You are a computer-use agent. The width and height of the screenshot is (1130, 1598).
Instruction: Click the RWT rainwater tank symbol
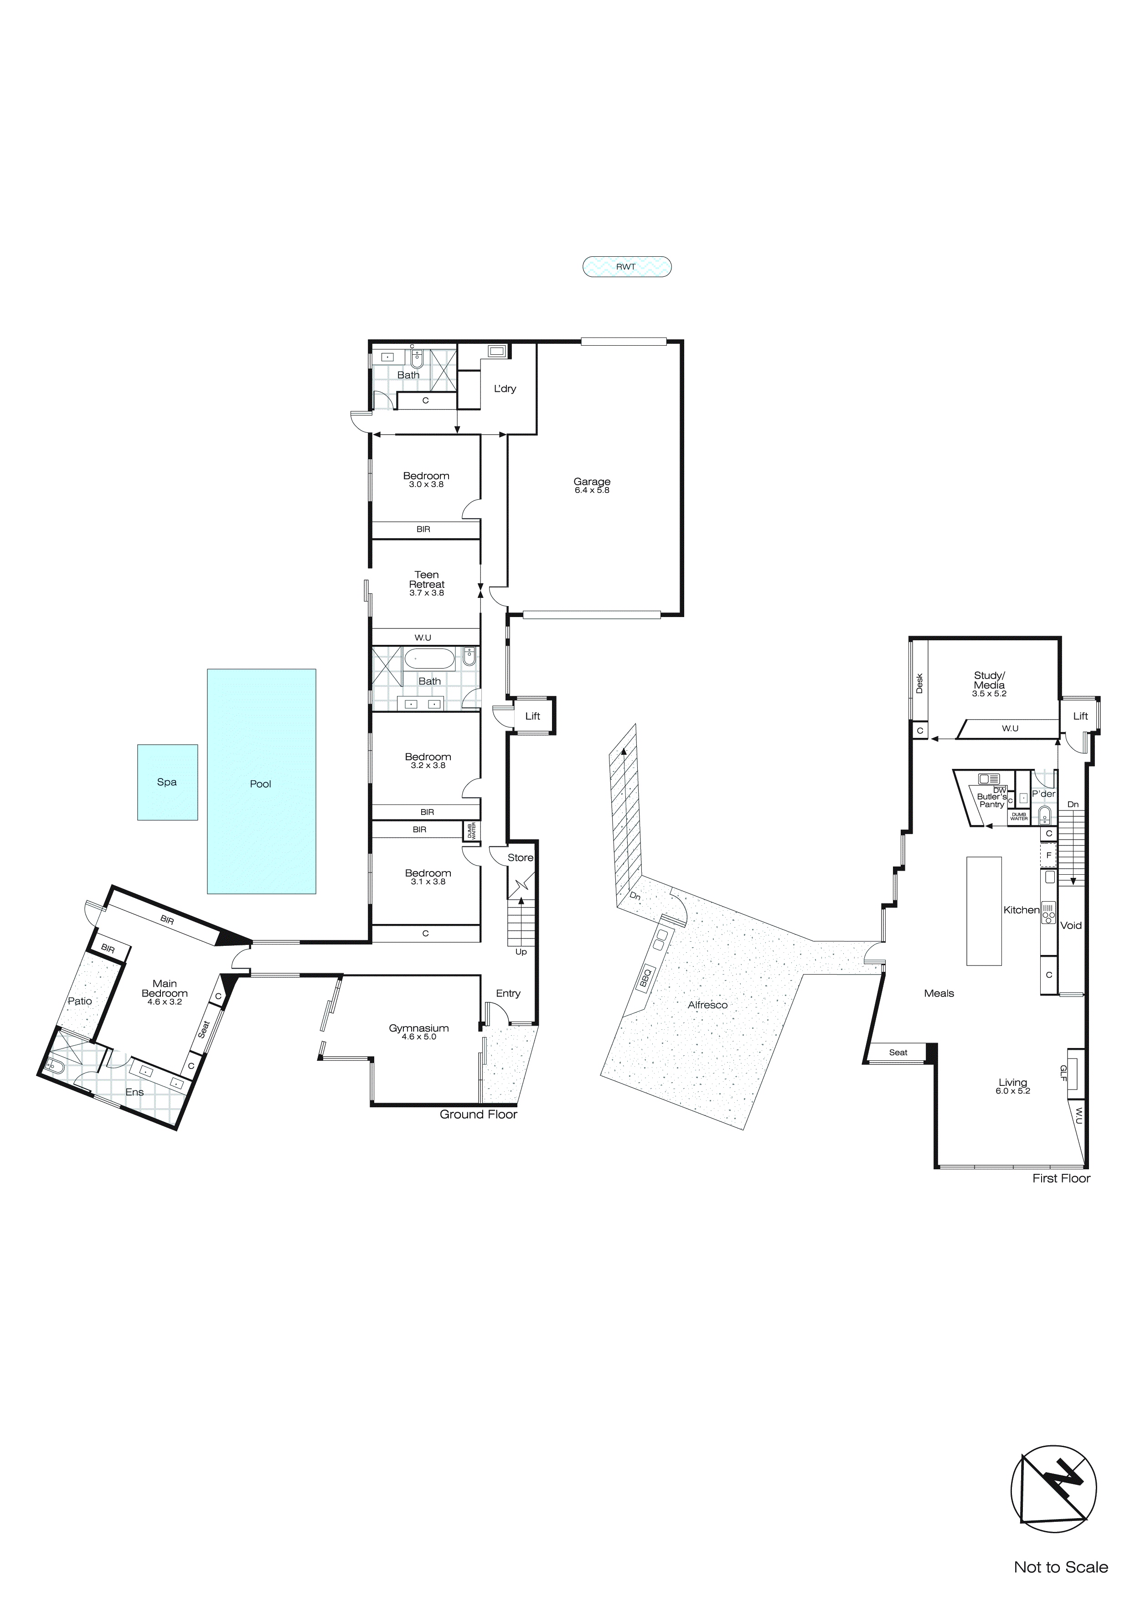pyautogui.click(x=626, y=267)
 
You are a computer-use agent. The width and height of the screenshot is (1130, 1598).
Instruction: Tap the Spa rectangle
pyautogui.click(x=167, y=782)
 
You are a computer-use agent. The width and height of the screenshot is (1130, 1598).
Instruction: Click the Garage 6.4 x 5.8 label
pyautogui.click(x=592, y=486)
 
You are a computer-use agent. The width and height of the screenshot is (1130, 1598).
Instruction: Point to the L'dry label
pyautogui.click(x=505, y=389)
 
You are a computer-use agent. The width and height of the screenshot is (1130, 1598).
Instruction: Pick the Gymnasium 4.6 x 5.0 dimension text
pyautogui.click(x=419, y=1037)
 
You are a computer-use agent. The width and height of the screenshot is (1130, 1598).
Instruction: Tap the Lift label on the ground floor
pyautogui.click(x=532, y=716)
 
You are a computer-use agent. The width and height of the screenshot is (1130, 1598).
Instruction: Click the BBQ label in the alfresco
pyautogui.click(x=645, y=978)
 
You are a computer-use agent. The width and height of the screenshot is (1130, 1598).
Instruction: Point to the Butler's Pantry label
pyautogui.click(x=991, y=800)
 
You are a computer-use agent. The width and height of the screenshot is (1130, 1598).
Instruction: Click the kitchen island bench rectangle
pyautogui.click(x=983, y=911)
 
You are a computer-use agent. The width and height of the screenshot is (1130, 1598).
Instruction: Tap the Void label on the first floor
pyautogui.click(x=1071, y=926)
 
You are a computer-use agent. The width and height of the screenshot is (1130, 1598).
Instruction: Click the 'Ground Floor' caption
pyautogui.click(x=478, y=1114)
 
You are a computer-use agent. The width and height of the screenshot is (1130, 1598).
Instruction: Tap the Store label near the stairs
pyautogui.click(x=520, y=857)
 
